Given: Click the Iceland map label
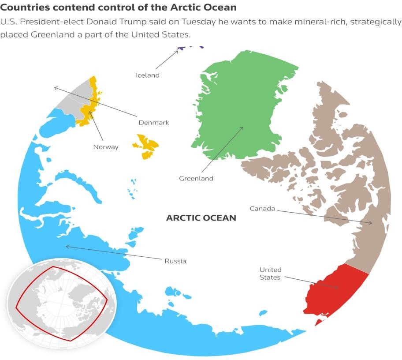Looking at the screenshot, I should pyautogui.click(x=147, y=75).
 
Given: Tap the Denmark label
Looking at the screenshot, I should pyautogui.click(x=154, y=123).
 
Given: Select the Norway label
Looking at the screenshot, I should pyautogui.click(x=106, y=147).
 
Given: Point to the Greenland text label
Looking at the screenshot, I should pyautogui.click(x=196, y=179).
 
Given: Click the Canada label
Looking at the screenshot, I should pyautogui.click(x=262, y=208).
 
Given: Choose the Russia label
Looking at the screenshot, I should pyautogui.click(x=175, y=261).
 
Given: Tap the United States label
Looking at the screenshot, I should pyautogui.click(x=270, y=274).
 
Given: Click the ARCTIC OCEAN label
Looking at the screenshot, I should pyautogui.click(x=201, y=218).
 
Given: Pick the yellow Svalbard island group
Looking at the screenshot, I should pyautogui.click(x=146, y=146).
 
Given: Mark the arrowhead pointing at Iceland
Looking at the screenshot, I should pyautogui.click(x=177, y=51).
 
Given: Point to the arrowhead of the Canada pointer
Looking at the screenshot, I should pyautogui.click(x=371, y=223).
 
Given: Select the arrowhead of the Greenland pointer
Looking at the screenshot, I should pyautogui.click(x=243, y=128).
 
